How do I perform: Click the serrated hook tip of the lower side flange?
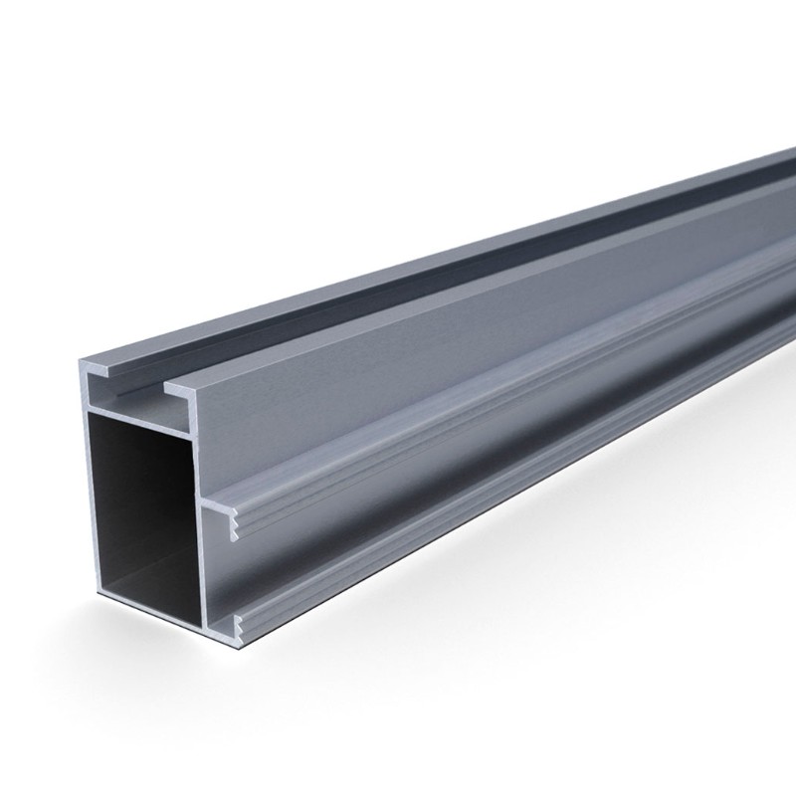pos(238,624)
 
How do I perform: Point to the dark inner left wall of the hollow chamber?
pos(99,497)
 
